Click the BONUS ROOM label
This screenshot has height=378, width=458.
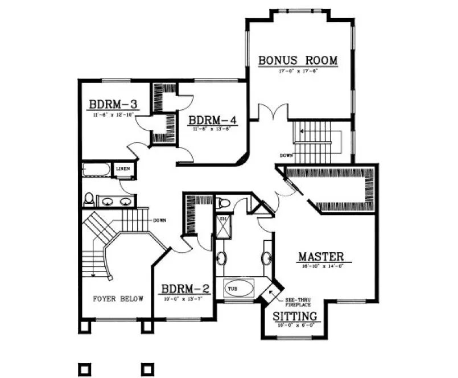coord(298,60)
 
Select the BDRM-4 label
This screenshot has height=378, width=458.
coord(212,120)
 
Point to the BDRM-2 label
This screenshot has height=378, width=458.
coord(185,289)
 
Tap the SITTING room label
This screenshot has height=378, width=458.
coord(295,317)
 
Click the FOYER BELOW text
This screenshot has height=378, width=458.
coord(118,298)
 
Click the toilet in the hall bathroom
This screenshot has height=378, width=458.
coord(89,199)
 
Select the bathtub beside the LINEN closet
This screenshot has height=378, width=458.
coord(97,170)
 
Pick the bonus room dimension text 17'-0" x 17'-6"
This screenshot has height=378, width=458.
coord(298,72)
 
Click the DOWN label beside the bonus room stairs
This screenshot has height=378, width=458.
coord(287,155)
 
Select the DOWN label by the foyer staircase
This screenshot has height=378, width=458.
coord(159,220)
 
